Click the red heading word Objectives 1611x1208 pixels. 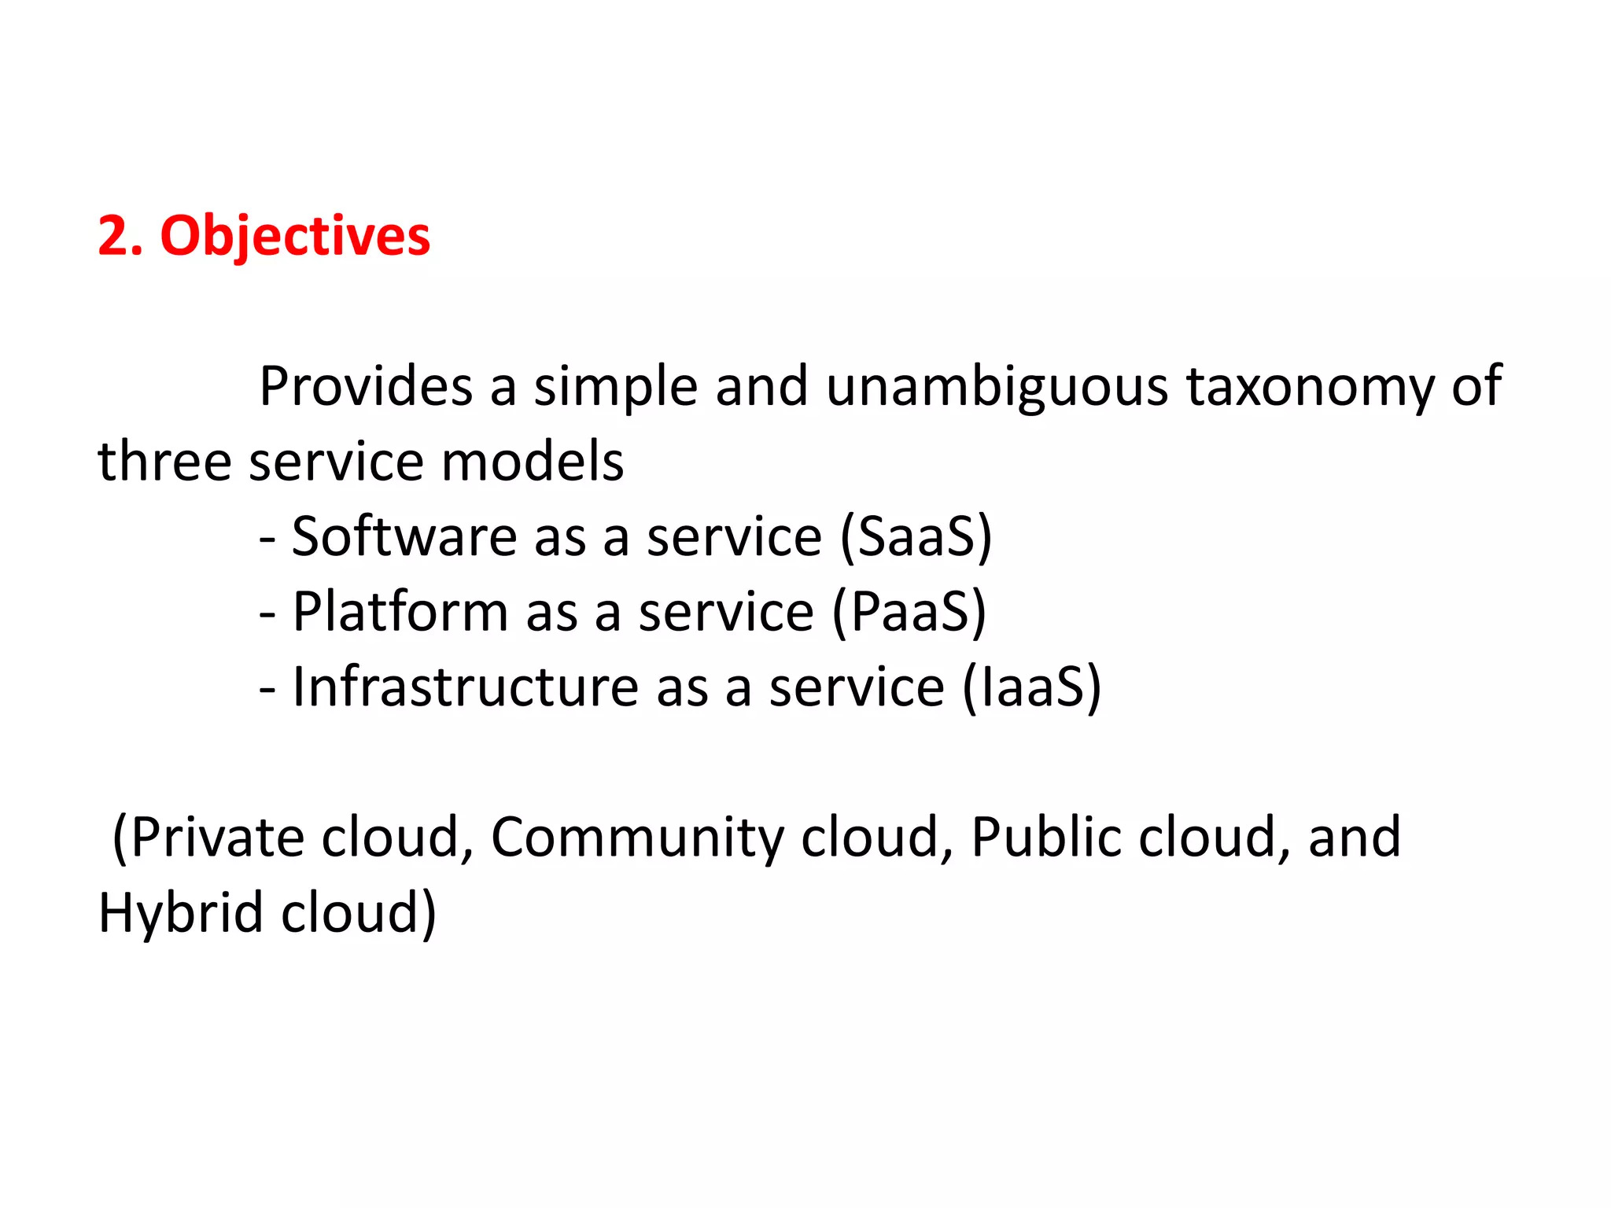click(x=295, y=236)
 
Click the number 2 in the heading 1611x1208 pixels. click(x=112, y=236)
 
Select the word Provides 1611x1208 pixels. click(x=366, y=387)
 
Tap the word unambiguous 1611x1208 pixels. click(x=997, y=387)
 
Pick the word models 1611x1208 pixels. click(x=533, y=462)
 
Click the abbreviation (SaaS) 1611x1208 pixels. click(x=916, y=537)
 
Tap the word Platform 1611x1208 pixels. click(x=400, y=612)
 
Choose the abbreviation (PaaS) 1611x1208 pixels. click(x=909, y=612)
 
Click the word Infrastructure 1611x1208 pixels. click(x=466, y=687)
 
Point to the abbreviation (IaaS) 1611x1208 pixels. click(x=1032, y=687)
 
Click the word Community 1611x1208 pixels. click(x=637, y=838)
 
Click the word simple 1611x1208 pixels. click(x=616, y=387)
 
